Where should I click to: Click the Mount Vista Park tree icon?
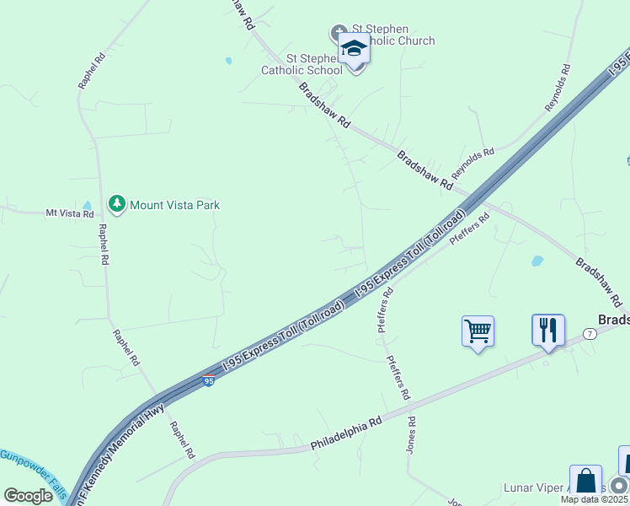[117, 204]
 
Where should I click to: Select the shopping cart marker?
[478, 331]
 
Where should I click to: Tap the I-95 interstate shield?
[208, 381]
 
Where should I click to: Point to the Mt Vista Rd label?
[69, 214]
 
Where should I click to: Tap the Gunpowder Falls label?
[32, 467]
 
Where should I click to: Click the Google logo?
[28, 496]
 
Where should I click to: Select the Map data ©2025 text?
[595, 499]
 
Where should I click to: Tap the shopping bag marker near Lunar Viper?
[585, 481]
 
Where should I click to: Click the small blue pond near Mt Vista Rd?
[87, 205]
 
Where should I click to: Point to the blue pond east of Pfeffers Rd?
[537, 261]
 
